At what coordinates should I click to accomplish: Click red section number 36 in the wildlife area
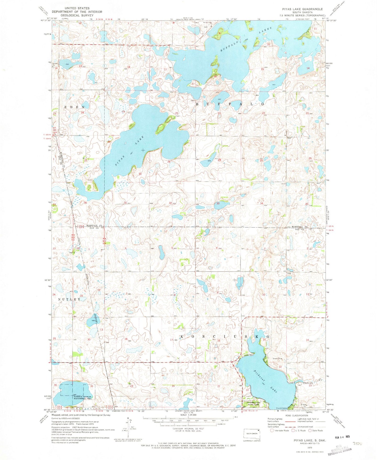tap(55, 385)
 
